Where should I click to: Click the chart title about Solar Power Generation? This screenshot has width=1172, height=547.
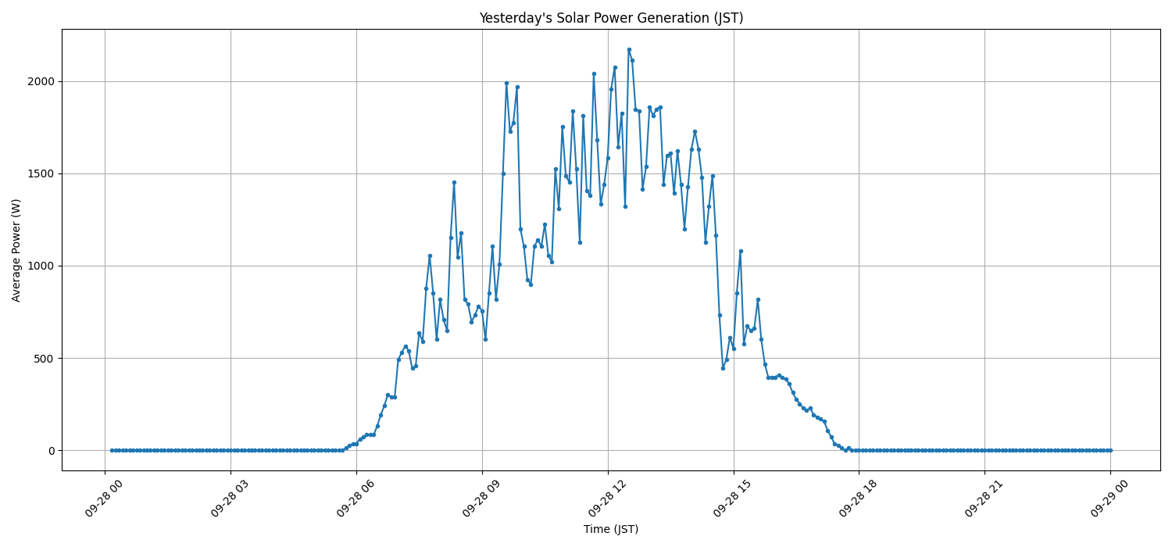pyautogui.click(x=611, y=18)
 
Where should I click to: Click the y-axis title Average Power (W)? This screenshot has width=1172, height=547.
pyautogui.click(x=16, y=250)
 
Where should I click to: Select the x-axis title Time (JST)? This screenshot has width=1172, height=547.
pyautogui.click(x=611, y=529)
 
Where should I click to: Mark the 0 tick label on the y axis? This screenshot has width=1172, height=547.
pyautogui.click(x=51, y=450)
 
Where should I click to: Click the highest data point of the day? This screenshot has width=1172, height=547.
pyautogui.click(x=629, y=49)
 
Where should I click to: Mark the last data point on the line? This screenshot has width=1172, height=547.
pyautogui.click(x=1110, y=450)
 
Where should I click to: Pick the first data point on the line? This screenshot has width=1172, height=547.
pyautogui.click(x=112, y=450)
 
